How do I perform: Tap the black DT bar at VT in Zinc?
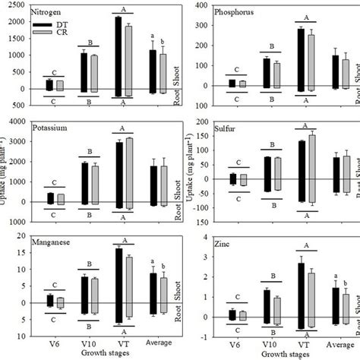tap(302, 296)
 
